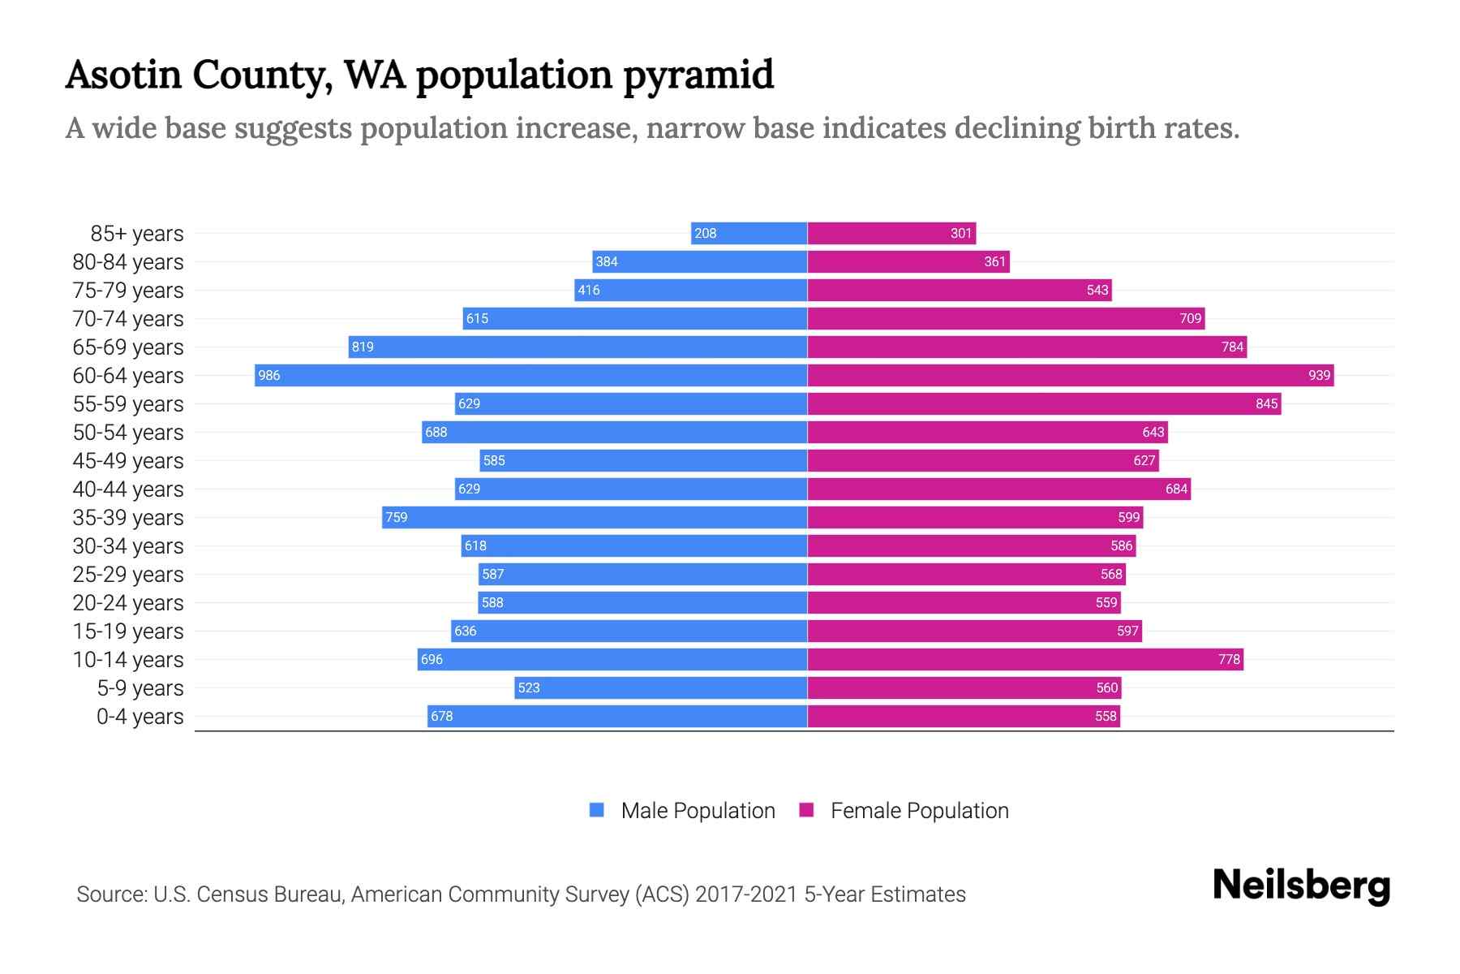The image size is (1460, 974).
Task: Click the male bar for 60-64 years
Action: pyautogui.click(x=531, y=375)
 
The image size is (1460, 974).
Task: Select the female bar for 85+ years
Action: pyautogui.click(x=891, y=234)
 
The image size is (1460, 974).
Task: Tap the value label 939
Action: pyautogui.click(x=1319, y=375)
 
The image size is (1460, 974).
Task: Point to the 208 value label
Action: pyautogui.click(x=705, y=234)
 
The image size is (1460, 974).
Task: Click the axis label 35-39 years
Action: pyautogui.click(x=128, y=517)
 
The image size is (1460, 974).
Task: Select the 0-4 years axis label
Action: pyautogui.click(x=140, y=717)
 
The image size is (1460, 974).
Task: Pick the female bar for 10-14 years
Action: pyautogui.click(x=1025, y=659)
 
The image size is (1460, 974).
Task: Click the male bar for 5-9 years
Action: pyautogui.click(x=660, y=687)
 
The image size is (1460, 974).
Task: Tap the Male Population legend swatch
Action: pyautogui.click(x=597, y=810)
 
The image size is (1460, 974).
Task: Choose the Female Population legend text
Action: pyautogui.click(x=919, y=810)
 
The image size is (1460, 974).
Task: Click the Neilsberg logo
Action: pyautogui.click(x=1301, y=886)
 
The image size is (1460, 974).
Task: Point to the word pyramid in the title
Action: pyautogui.click(x=698, y=75)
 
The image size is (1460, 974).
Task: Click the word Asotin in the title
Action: pyautogui.click(x=123, y=75)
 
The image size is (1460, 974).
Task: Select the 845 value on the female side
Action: pyautogui.click(x=1266, y=403)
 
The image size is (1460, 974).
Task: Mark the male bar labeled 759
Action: pyautogui.click(x=595, y=517)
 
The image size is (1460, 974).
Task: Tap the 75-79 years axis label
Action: pyautogui.click(x=128, y=291)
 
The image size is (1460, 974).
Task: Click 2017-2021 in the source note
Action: pyautogui.click(x=746, y=894)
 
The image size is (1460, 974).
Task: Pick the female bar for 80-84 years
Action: pyautogui.click(x=908, y=261)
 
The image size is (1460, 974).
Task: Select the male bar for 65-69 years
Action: pyautogui.click(x=578, y=347)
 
